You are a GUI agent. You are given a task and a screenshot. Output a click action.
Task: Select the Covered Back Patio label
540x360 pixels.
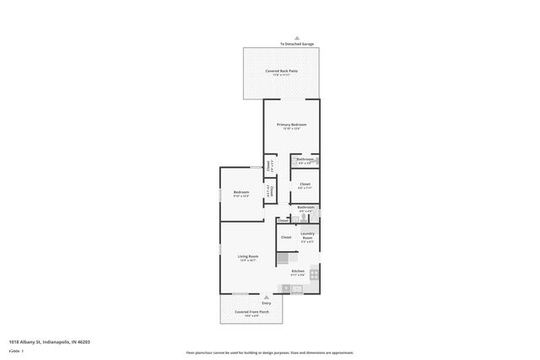pos(281,73)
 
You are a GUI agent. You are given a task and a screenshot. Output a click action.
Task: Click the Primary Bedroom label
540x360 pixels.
pos(292,126)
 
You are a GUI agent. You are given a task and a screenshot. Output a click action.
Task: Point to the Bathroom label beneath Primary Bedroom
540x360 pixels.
pos(305,160)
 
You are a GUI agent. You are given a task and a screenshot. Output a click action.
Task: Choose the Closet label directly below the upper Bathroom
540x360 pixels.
pos(305,185)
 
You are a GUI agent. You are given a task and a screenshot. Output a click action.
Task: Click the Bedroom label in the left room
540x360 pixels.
pos(241,193)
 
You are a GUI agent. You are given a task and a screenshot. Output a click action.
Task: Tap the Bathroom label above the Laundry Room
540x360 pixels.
pos(305,208)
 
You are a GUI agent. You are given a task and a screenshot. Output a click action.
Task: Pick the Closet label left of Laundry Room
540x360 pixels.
pos(286,238)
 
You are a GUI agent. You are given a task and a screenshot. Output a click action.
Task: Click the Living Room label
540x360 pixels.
pos(247,257)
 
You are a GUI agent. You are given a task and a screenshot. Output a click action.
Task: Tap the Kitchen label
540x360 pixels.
pos(298,271)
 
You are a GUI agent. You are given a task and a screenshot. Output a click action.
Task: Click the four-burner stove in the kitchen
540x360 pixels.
pos(314,273)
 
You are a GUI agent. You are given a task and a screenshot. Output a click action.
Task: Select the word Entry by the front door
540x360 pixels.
pos(267,303)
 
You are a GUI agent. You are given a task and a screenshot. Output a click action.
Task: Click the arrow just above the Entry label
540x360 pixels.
pos(267,297)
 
